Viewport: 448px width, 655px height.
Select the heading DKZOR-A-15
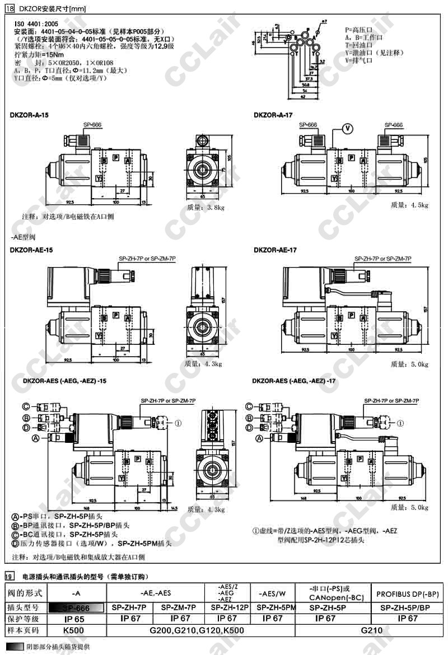(x=29, y=115)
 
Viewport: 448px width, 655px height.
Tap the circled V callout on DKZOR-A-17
(x=347, y=128)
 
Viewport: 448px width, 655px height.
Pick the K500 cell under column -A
(x=74, y=630)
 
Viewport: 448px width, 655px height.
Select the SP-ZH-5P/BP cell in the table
(x=408, y=607)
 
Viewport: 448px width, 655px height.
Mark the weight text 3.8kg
(x=206, y=207)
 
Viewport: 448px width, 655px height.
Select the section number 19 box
(x=9, y=576)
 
